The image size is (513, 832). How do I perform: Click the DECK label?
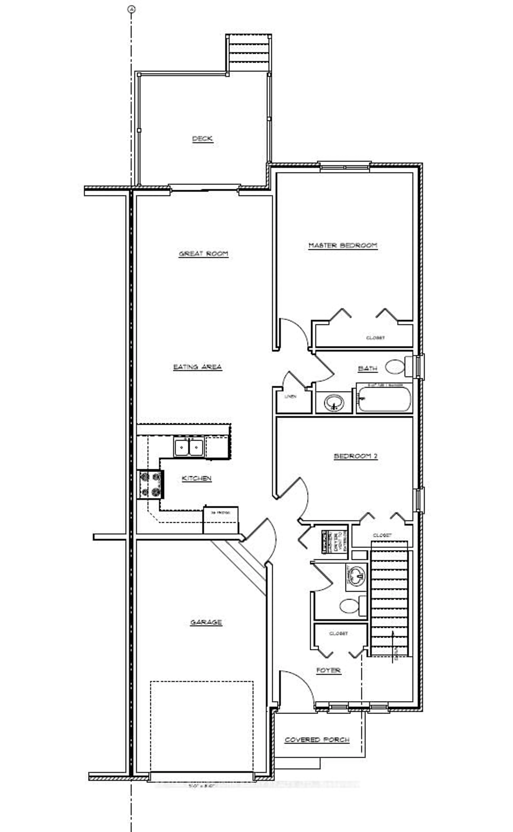(203, 138)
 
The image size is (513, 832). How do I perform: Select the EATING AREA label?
(197, 367)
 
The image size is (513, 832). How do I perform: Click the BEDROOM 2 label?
(356, 456)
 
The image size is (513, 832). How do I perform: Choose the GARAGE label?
(206, 622)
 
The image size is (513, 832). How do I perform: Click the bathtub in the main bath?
(384, 399)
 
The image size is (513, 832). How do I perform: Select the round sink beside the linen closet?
(334, 403)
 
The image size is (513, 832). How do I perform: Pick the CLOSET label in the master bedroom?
(375, 338)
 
